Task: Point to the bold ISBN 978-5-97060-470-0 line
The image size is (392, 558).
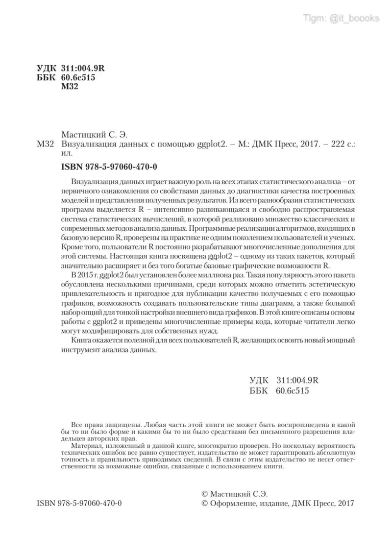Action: (109, 167)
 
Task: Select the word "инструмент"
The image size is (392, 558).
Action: (79, 351)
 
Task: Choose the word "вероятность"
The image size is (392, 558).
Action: (333, 447)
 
